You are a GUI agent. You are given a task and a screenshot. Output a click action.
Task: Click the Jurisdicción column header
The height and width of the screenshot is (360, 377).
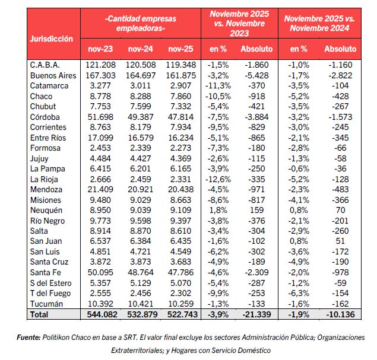pos(52,39)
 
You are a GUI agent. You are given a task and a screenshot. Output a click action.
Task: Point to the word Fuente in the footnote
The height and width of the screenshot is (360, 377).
pos(27,337)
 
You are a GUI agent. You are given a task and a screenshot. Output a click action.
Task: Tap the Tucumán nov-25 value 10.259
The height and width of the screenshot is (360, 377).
pos(180,302)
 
